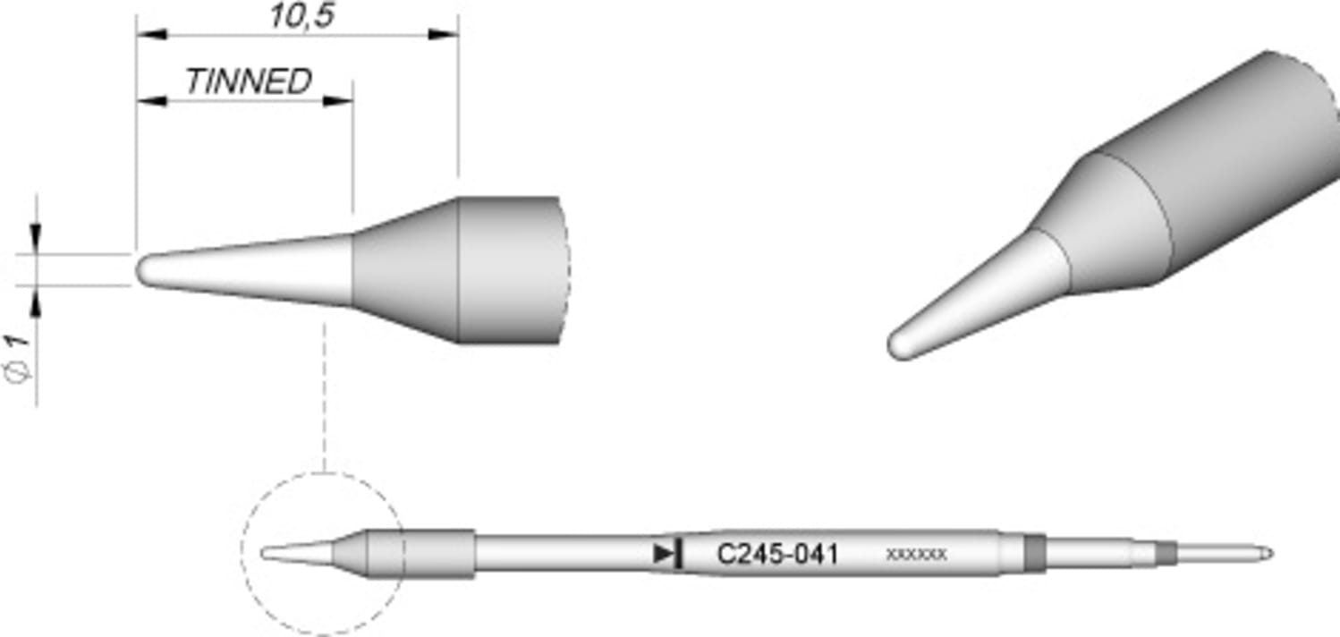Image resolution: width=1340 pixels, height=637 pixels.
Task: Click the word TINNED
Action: tap(248, 81)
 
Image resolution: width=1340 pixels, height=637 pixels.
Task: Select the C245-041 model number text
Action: tap(777, 555)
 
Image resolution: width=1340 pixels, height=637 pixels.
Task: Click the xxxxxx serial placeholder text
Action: tap(915, 555)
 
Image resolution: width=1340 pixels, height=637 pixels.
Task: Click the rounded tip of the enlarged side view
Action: tap(143, 270)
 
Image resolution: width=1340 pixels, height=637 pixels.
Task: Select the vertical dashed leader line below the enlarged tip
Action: tap(324, 394)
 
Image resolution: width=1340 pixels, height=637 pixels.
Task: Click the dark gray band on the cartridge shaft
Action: tap(1034, 553)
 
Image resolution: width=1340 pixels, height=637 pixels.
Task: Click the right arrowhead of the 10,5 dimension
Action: tap(444, 35)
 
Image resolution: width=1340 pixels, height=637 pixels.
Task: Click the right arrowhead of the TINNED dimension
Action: tap(337, 100)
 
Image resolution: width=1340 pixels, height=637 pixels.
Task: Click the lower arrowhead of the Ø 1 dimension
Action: tap(36, 304)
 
